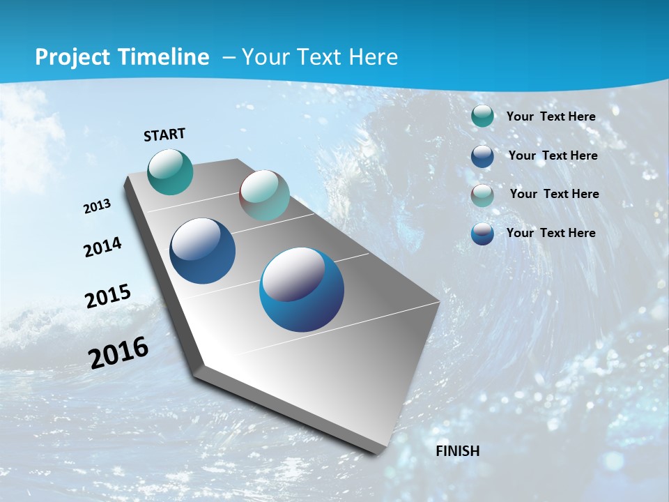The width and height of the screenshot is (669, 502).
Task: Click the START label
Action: (x=164, y=135)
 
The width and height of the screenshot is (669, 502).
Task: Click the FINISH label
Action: (x=457, y=451)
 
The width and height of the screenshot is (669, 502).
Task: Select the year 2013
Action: (x=97, y=206)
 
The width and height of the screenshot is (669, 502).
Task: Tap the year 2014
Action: (x=102, y=248)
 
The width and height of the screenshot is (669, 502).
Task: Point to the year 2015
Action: (x=107, y=296)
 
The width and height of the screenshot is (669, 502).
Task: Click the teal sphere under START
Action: (x=170, y=172)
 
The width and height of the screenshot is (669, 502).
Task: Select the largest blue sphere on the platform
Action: (x=301, y=289)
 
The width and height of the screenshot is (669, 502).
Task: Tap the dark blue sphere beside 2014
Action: (x=202, y=251)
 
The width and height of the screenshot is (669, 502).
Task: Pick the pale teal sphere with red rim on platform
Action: (x=264, y=195)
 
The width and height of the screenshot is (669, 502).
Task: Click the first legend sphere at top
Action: (x=482, y=116)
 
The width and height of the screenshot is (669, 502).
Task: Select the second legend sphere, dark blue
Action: (x=482, y=155)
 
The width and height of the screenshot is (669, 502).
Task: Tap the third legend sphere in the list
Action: (x=482, y=195)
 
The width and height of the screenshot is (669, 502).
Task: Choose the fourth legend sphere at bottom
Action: (x=482, y=234)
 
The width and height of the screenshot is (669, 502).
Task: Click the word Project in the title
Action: (x=74, y=57)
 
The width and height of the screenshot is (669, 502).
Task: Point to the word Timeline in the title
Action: (x=164, y=57)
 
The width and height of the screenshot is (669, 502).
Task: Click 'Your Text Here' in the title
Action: (x=319, y=57)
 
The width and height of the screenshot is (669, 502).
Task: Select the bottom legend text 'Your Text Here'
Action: (x=551, y=233)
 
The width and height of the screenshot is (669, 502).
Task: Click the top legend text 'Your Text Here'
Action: (x=551, y=116)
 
